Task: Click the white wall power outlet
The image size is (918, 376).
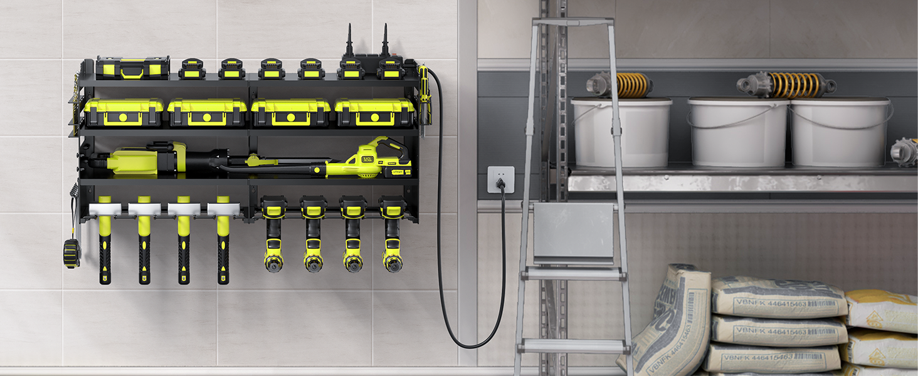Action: click(500, 179)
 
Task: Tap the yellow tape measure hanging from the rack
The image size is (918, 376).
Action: click(71, 253)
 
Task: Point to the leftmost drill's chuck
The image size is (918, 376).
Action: click(273, 263)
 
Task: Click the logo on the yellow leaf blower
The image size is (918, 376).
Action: click(367, 159)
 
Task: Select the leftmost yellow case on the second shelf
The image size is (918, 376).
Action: click(124, 113)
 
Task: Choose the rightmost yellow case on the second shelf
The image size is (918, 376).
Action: click(374, 113)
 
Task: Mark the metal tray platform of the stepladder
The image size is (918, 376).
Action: click(573, 232)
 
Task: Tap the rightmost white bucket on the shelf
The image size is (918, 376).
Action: click(840, 132)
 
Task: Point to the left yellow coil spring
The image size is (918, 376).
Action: click(634, 85)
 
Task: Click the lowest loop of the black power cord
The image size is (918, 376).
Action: click(470, 345)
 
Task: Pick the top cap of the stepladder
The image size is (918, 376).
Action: click(572, 21)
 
